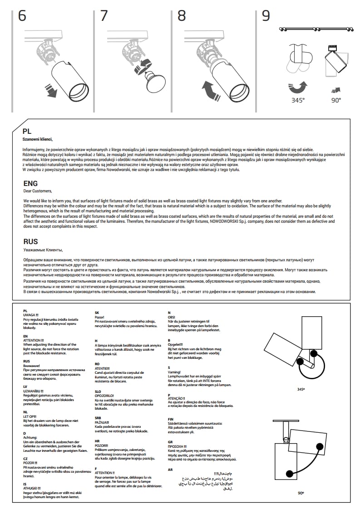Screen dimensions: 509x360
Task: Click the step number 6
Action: point(22,16)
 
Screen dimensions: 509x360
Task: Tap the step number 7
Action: point(104,16)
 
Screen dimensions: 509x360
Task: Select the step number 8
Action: point(182,16)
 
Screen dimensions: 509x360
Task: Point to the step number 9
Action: point(266,16)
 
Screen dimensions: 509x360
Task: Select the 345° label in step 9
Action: point(298,100)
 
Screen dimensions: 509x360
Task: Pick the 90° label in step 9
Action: point(335,100)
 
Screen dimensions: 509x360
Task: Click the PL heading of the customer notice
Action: point(27,131)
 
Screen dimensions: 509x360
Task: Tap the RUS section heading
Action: point(30,242)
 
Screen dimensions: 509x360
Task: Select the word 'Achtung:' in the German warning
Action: point(30,437)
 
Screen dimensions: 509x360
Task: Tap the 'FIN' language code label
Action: point(171,419)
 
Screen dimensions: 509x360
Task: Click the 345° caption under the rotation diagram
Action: point(301,389)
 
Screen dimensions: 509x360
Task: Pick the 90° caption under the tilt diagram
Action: point(301,493)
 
